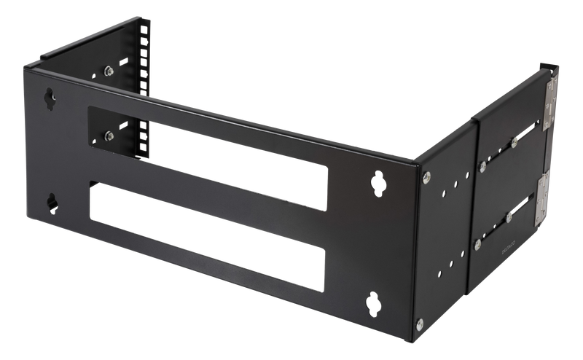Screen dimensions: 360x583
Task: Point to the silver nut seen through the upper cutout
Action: point(107,133)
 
